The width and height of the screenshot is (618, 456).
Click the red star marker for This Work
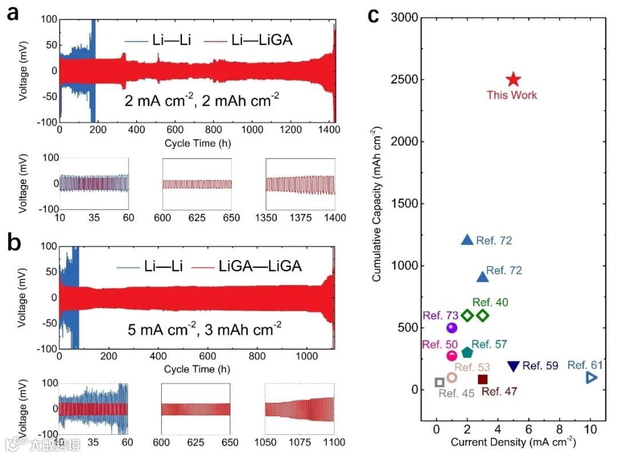click(513, 80)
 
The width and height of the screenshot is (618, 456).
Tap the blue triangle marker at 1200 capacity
click(468, 241)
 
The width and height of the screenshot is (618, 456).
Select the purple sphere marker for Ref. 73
click(452, 328)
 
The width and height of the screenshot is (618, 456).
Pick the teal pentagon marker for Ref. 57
click(468, 352)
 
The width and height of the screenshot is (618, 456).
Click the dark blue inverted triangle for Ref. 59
click(513, 366)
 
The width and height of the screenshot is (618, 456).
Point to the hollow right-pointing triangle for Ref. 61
click(592, 377)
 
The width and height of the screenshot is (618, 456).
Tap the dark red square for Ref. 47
click(482, 379)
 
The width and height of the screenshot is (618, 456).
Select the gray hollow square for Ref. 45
click(439, 382)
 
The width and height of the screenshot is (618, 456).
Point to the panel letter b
click(13, 243)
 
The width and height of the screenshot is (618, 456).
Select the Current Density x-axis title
click(513, 442)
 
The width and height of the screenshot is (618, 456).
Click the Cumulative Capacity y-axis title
click(377, 204)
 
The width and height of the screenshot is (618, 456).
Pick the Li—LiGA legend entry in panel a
click(264, 40)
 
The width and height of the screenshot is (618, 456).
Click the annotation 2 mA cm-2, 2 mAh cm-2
click(202, 101)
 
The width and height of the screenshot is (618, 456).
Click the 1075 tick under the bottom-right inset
click(300, 442)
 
